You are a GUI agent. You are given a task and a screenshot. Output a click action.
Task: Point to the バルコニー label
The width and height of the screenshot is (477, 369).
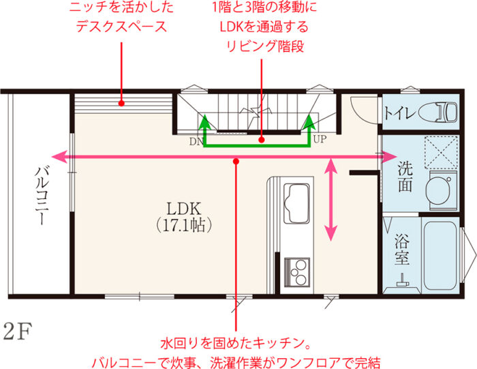[x=40, y=198]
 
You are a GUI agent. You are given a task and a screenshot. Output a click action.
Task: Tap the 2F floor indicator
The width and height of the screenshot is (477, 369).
[x=18, y=332]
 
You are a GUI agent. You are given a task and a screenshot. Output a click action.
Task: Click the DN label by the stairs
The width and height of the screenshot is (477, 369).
[x=195, y=143]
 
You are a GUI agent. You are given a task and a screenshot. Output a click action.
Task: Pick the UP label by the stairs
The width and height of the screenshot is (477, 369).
[x=320, y=142]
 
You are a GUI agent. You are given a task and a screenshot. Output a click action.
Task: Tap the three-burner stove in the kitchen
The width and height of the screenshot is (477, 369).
[x=298, y=274]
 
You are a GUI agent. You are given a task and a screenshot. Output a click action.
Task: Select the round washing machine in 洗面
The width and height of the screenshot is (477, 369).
[x=442, y=187]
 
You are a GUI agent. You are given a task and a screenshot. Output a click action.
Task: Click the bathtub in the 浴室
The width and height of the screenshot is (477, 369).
[x=439, y=254]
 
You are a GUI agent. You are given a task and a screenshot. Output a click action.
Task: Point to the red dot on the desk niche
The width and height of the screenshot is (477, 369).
[x=121, y=104]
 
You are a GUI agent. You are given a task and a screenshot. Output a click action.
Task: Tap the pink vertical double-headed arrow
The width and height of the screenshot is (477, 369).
[x=332, y=198]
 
